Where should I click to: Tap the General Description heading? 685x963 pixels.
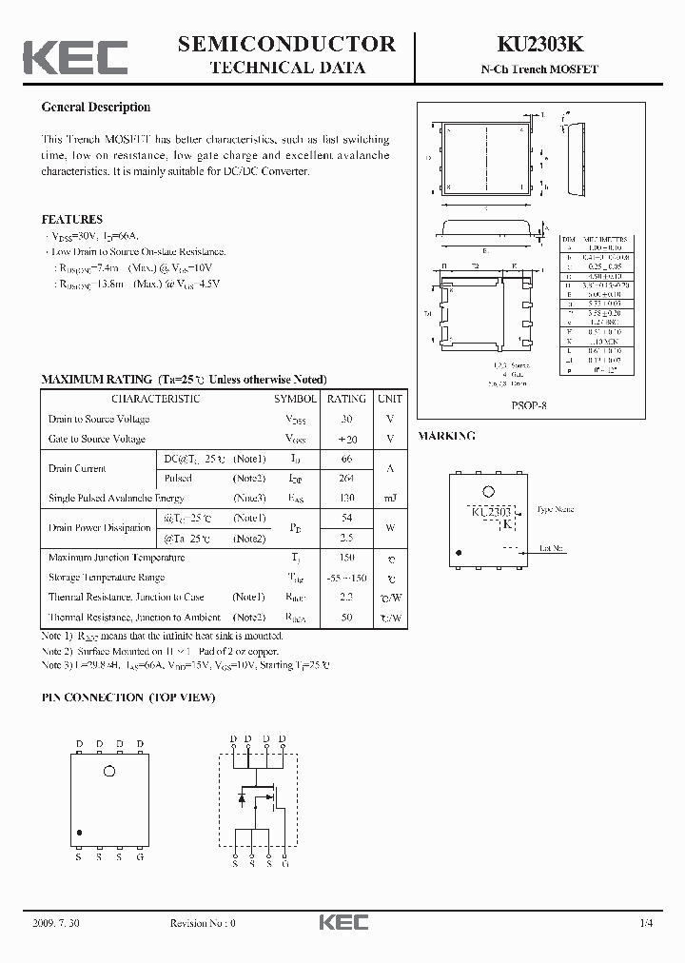(96, 108)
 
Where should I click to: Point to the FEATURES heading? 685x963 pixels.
(72, 219)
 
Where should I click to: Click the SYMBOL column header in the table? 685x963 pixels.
(296, 399)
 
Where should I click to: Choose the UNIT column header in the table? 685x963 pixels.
(389, 399)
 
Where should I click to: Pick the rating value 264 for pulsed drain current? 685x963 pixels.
(346, 479)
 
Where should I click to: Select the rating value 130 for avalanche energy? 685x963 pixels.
(346, 499)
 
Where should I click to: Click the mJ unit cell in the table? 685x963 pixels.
(389, 499)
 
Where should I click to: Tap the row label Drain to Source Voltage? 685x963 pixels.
(99, 420)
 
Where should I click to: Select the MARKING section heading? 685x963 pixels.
(447, 436)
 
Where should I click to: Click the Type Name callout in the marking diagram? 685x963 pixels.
(556, 510)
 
